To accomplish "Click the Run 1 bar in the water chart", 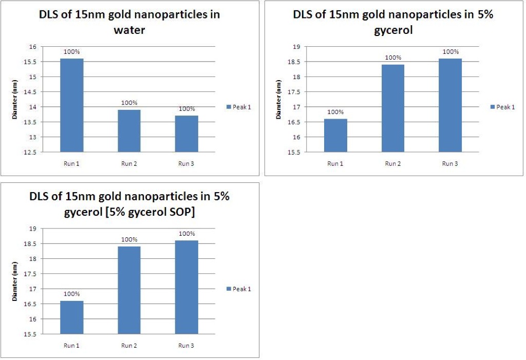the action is (72, 105).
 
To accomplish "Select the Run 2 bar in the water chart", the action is (129, 131).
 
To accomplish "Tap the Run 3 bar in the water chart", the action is (186, 134).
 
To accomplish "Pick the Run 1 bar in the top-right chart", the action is (335, 136).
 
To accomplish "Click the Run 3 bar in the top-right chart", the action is (450, 105).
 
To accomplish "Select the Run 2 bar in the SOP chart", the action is (129, 290).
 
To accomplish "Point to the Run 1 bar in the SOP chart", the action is (72, 317).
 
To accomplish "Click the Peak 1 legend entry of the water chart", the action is (238, 107).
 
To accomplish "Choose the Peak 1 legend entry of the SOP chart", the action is (238, 289).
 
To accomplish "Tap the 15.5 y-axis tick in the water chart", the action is (30, 62).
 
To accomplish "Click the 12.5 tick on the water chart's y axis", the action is (30, 153).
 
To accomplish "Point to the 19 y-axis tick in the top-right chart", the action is (296, 47).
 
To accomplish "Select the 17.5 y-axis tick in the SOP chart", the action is (30, 274).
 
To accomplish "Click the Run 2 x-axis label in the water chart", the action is (129, 164).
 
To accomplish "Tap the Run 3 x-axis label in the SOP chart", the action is (186, 346).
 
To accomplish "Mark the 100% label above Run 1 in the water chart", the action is (72, 52).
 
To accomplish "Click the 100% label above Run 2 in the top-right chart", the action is (393, 58).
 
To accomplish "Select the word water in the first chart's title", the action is (129, 30).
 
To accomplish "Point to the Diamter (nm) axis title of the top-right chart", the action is (278, 99).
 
